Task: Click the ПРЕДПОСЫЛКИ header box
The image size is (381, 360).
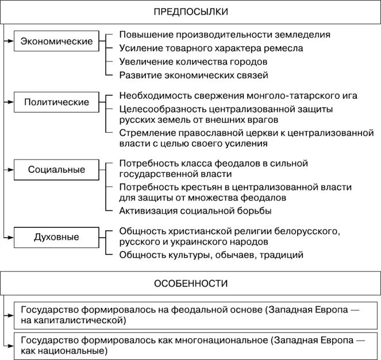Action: click(190, 12)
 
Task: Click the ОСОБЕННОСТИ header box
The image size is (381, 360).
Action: click(190, 284)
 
